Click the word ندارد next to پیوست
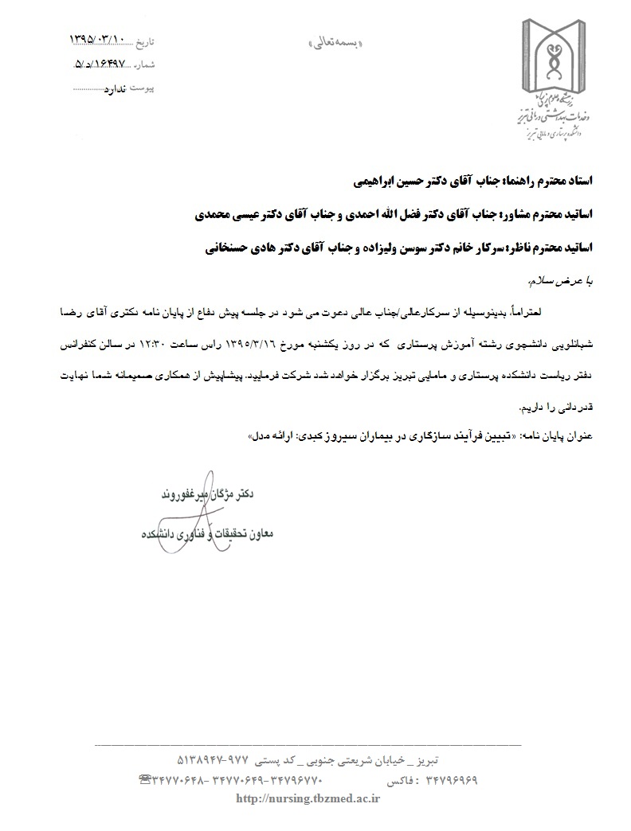click(117, 90)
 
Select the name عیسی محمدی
click(236, 214)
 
